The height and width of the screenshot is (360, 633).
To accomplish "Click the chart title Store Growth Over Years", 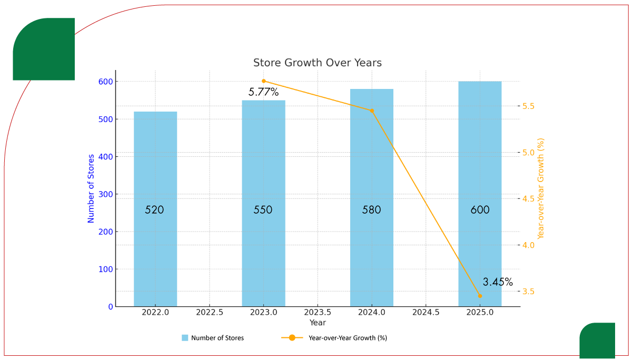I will tap(317, 63).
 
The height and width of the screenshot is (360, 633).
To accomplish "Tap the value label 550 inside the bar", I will tap(263, 210).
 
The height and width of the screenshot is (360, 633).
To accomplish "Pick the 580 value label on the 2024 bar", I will tap(371, 210).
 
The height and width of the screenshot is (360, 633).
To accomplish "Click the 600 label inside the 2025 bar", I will tap(480, 210).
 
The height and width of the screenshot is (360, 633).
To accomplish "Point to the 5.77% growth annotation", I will tap(263, 92).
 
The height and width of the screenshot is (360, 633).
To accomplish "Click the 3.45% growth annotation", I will tap(498, 282).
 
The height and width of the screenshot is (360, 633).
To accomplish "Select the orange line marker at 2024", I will tap(372, 111).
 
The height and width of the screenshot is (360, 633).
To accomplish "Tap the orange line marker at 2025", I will tap(480, 296).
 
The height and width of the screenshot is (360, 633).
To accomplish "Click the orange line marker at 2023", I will tap(264, 81).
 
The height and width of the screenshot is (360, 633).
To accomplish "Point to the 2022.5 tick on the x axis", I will tap(210, 313).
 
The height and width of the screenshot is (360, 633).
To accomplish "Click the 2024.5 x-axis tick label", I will tap(426, 313).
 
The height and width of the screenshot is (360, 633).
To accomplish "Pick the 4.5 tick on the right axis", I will tap(528, 199).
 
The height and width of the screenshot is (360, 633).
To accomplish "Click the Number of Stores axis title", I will tap(91, 188).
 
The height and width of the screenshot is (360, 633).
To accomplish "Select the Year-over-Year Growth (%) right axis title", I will tap(541, 188).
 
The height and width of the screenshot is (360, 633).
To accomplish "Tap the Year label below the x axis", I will tap(318, 323).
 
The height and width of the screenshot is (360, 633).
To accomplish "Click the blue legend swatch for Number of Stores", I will tap(185, 338).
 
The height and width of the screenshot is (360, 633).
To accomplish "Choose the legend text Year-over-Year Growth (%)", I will tap(348, 338).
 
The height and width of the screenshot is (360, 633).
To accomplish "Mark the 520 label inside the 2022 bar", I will tap(155, 210).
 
